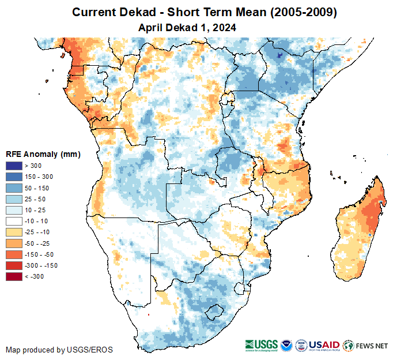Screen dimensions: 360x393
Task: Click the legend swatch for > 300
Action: tap(14, 166)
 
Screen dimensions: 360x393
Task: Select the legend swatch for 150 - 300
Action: tap(14, 177)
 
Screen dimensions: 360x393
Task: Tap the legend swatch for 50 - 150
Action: tap(14, 187)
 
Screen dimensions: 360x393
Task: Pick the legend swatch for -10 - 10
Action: tap(14, 221)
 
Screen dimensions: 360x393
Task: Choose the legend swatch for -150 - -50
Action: tap(14, 254)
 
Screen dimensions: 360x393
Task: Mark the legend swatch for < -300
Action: tap(14, 276)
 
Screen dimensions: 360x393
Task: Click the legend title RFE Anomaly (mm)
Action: tap(43, 154)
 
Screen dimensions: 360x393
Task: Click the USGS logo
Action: tap(262, 346)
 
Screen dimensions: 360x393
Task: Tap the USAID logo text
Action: tap(324, 345)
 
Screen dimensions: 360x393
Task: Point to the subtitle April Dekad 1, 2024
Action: tap(187, 27)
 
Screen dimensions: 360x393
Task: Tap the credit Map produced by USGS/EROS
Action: tap(59, 350)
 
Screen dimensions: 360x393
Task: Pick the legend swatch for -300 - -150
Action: tap(14, 265)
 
